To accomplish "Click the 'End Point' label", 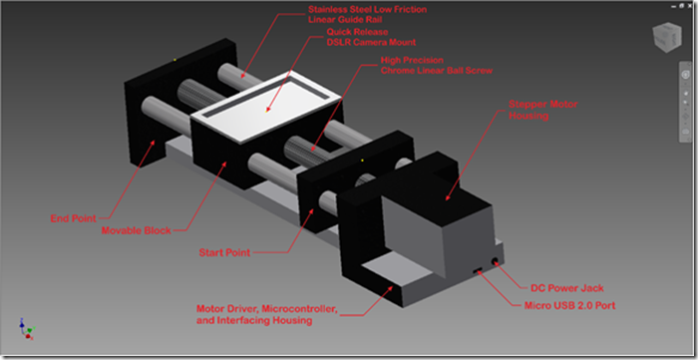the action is [73, 218].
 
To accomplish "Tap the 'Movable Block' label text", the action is [137, 230].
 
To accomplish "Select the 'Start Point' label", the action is [224, 252].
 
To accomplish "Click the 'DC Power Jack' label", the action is [567, 288].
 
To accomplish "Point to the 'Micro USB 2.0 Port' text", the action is [569, 305].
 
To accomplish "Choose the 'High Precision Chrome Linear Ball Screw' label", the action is [437, 65].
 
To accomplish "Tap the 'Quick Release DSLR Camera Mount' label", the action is [371, 37].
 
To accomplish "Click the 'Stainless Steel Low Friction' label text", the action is [368, 9].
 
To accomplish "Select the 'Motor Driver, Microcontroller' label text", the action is [267, 308].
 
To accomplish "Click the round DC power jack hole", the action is [495, 261].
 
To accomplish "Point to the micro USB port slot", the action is [478, 270].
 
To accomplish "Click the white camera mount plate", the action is [266, 107].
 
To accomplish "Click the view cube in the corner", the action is [666, 38].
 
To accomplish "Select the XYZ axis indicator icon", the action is [26, 329].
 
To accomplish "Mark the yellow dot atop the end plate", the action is [174, 60].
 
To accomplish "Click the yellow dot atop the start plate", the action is [362, 160].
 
